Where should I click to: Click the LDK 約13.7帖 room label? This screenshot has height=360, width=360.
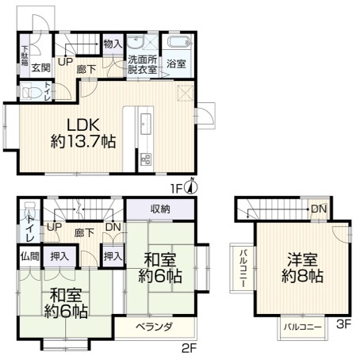tap(83, 133)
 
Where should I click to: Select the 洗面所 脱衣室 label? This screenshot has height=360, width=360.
tap(142, 64)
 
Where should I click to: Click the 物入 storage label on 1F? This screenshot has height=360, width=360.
tap(113, 44)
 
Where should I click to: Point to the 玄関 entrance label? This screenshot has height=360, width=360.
tap(41, 68)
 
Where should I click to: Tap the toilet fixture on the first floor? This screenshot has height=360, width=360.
tap(32, 92)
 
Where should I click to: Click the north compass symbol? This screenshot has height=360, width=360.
tap(193, 186)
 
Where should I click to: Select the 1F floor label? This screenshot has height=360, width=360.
tap(176, 189)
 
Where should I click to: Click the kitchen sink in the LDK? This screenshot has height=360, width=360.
tap(145, 123)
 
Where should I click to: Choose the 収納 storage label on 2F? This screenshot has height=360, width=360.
tap(160, 209)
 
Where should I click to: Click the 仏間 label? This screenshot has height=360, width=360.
tap(30, 256)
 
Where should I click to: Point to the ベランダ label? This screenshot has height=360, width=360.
tap(154, 327)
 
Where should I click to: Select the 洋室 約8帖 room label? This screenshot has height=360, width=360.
tap(302, 267)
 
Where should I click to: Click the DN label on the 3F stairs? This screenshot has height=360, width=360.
tap(319, 209)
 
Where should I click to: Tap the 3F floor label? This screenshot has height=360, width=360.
tap(343, 324)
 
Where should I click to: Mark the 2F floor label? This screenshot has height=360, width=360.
tap(190, 348)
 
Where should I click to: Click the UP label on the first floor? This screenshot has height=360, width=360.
tap(65, 62)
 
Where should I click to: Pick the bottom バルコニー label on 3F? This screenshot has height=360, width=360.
tap(303, 327)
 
